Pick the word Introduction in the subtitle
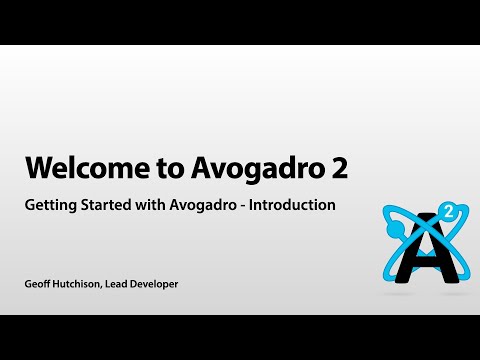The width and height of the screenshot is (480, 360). [297, 205]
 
